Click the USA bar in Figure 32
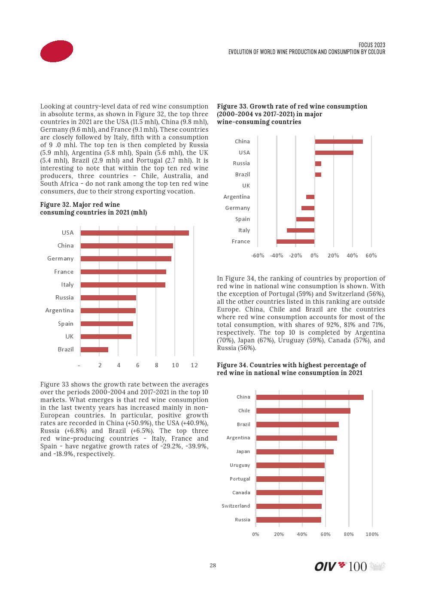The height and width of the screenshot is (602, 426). [134, 233]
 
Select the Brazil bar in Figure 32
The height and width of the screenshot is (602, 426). [94, 350]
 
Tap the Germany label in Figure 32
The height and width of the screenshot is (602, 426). [61, 259]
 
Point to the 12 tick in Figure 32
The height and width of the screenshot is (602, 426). [194, 365]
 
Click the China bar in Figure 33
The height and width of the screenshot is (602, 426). [339, 142]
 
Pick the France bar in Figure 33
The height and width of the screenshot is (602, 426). [295, 242]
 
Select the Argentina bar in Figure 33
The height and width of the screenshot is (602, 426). [310, 197]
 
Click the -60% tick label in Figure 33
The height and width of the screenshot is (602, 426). [258, 256]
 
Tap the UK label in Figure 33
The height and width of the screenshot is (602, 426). [246, 186]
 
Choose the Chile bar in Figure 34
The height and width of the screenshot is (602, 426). [303, 411]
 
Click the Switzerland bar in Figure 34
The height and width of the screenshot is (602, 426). [289, 506]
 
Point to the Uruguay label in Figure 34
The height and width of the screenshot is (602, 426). [240, 466]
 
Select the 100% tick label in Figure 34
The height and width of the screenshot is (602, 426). [372, 535]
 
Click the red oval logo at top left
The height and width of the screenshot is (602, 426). [57, 51]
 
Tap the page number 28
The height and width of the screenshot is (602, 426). [213, 566]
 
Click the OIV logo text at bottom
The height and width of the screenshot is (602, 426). [325, 567]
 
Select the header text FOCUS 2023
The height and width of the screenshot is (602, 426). [372, 45]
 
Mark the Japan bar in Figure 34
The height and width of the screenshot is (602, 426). [295, 452]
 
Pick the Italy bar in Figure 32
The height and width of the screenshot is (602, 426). [123, 285]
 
